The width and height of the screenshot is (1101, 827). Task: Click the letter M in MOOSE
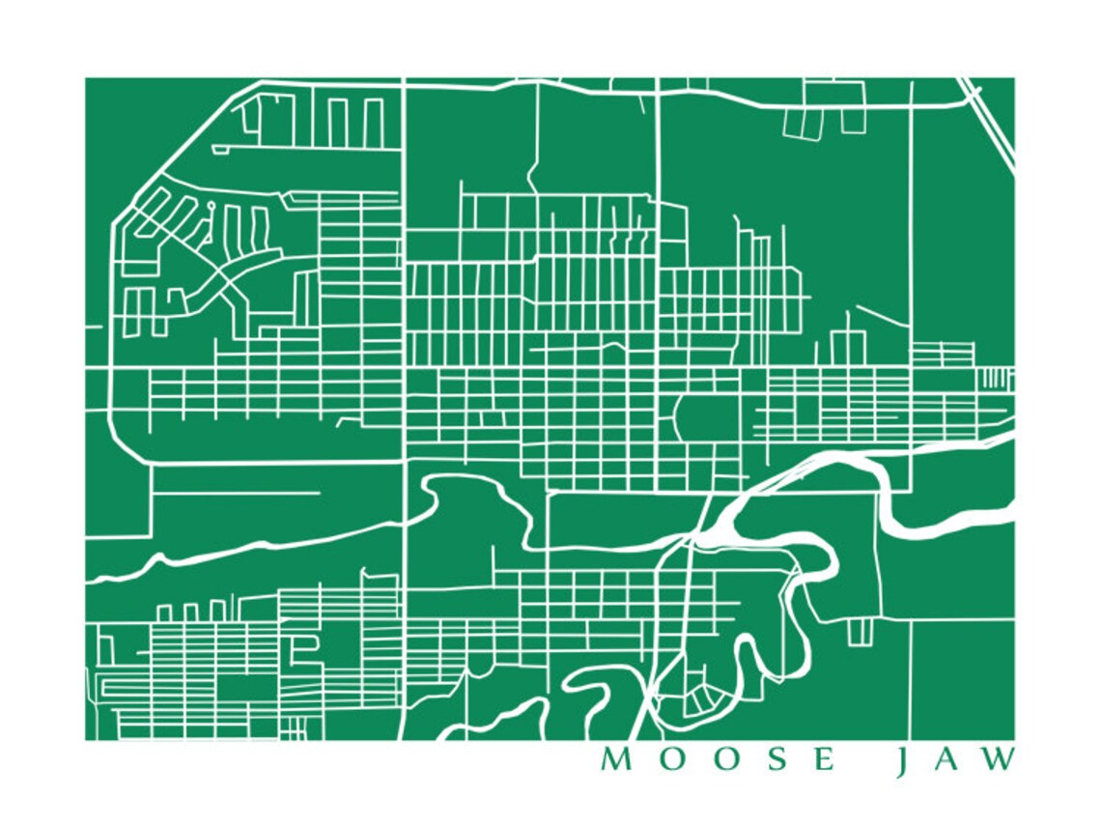point(614,760)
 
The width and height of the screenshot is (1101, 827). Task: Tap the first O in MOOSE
point(668,760)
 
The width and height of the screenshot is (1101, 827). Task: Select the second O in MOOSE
point(721,760)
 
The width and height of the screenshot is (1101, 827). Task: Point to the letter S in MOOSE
point(772,760)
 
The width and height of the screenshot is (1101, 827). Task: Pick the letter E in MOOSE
point(823,760)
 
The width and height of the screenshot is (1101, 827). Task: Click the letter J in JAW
point(900,762)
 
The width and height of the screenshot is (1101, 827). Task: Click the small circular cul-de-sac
point(211,206)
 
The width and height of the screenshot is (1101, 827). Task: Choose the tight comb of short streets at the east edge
point(996,377)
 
